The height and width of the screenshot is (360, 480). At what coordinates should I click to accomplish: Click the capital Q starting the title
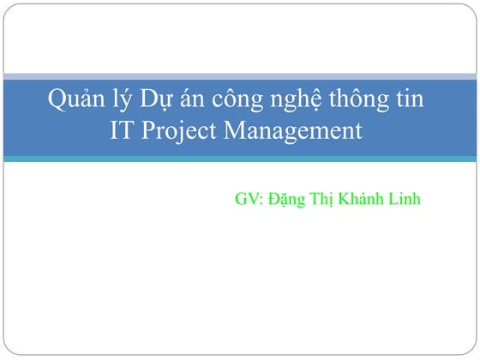coord(57,101)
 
